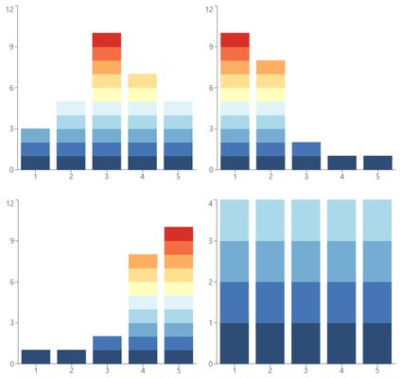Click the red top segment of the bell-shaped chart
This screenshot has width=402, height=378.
pos(107,40)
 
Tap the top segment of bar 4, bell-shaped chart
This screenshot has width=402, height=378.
pos(143,80)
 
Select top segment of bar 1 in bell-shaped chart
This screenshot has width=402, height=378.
pos(35,135)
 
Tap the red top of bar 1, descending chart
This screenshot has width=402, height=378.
pos(235,40)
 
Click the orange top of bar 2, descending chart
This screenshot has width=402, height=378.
pos(271,67)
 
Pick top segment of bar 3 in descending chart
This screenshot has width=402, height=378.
pos(306,148)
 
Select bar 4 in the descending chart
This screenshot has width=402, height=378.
pos(341,163)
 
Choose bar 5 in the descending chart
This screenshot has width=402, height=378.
pos(377,163)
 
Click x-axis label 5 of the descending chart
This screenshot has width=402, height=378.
pos(377,178)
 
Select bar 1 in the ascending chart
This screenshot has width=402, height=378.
pos(35,356)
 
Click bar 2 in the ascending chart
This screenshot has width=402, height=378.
pos(71,356)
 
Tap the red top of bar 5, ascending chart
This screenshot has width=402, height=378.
pos(179,233)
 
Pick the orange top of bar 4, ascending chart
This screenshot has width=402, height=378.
pos(143,261)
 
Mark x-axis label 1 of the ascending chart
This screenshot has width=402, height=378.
pos(35,371)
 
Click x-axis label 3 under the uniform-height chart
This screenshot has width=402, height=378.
pos(306,371)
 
